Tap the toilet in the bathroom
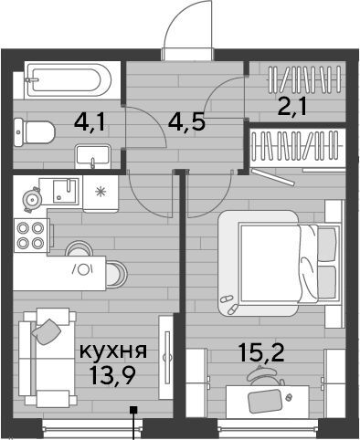tap(34, 132)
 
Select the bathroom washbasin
tap(92, 156)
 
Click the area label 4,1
tap(91, 122)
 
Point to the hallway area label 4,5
tap(186, 120)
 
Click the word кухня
tap(113, 351)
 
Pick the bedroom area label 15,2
tap(261, 351)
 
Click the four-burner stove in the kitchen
tap(30, 236)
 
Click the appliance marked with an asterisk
tap(101, 193)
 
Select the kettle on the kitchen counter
tap(32, 199)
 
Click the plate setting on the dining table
tap(83, 269)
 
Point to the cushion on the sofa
tap(47, 331)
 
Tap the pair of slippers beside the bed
tap(229, 304)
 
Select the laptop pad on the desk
tap(265, 401)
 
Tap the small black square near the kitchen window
tap(133, 410)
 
